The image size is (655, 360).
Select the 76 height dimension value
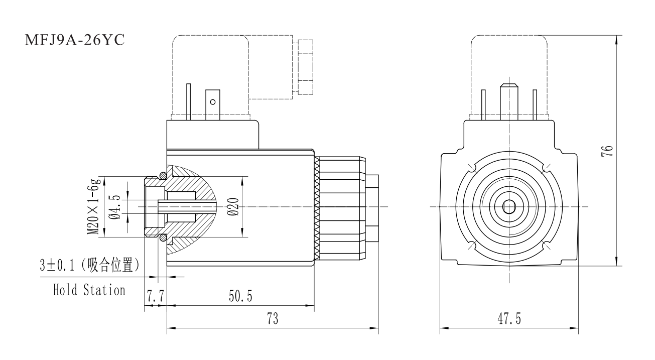pyautogui.click(x=608, y=150)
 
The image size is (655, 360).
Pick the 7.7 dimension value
pyautogui.click(x=155, y=296)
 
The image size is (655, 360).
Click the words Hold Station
pyautogui.click(x=89, y=290)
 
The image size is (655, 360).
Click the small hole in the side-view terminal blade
pyautogui.click(x=213, y=102)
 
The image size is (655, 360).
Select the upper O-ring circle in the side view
pyautogui.click(x=162, y=175)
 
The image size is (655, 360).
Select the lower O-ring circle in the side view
pyautogui.click(x=162, y=238)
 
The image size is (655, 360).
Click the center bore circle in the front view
pyautogui.click(x=509, y=206)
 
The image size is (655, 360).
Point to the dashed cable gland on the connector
pyautogui.click(x=305, y=66)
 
